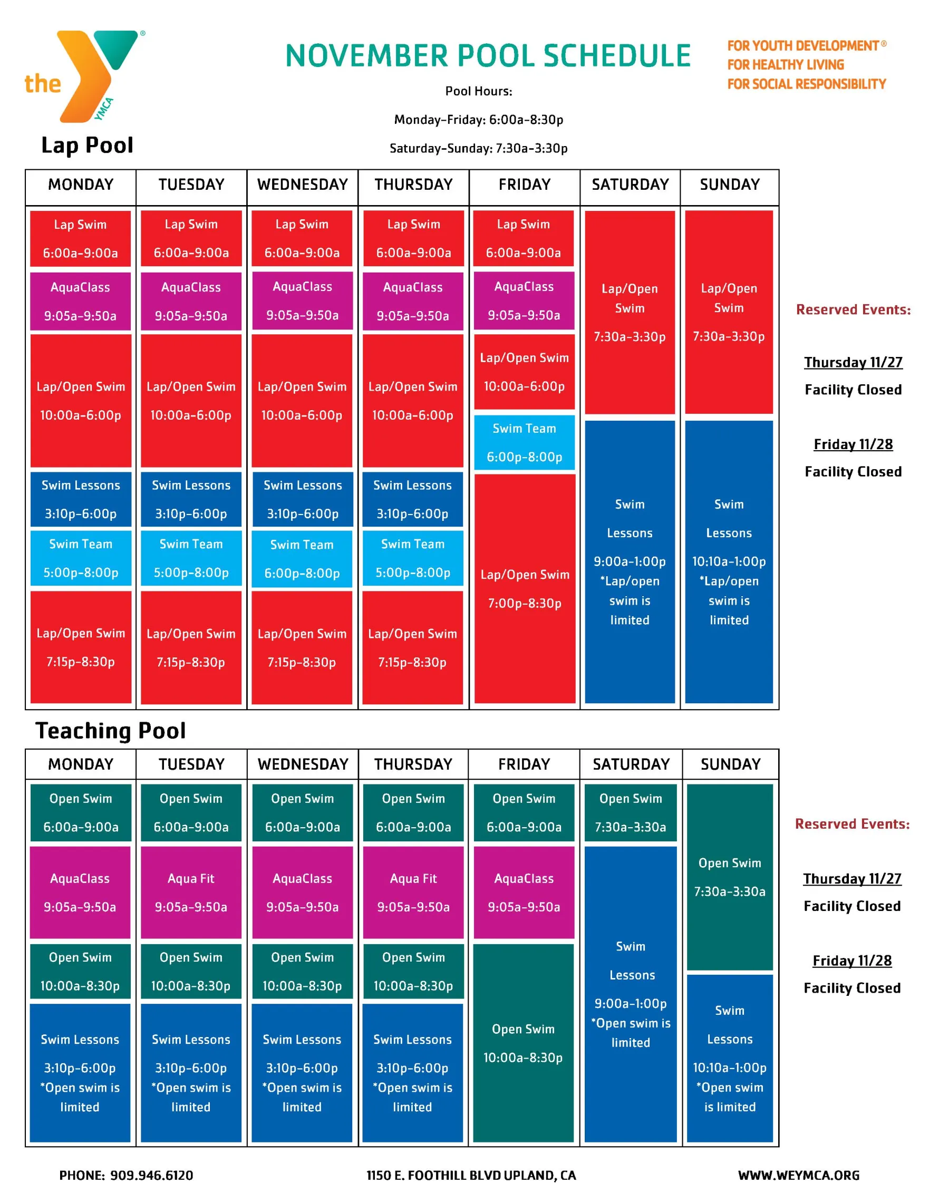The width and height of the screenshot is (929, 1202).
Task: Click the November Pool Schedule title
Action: (x=488, y=55)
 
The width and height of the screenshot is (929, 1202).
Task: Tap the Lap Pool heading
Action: (x=87, y=146)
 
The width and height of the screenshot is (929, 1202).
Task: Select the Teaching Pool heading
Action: (x=111, y=730)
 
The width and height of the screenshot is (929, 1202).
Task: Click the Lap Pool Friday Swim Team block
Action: (x=524, y=442)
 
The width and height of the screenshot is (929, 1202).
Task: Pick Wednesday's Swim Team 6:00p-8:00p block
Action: (x=302, y=559)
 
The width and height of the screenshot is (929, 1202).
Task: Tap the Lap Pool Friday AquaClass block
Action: (x=524, y=300)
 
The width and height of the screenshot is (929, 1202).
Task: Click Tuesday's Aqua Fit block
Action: (x=191, y=891)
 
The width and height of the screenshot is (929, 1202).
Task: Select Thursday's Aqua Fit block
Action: (x=413, y=891)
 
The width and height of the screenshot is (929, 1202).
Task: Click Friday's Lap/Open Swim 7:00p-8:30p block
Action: (x=525, y=588)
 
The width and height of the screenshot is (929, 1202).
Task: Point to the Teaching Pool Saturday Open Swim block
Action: (x=630, y=812)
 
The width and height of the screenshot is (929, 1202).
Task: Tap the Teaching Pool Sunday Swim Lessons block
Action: (x=729, y=1057)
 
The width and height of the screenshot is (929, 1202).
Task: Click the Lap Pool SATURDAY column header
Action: (x=630, y=185)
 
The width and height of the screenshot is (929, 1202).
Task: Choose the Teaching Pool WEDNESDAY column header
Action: (x=303, y=764)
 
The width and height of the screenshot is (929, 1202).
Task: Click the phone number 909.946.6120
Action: (x=151, y=1175)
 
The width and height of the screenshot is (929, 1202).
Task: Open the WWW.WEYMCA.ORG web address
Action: (x=798, y=1175)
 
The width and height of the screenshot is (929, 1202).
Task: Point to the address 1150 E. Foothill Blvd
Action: (x=471, y=1175)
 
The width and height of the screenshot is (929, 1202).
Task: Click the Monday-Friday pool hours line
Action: (x=478, y=120)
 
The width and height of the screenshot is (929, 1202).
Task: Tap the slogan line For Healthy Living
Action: (x=786, y=65)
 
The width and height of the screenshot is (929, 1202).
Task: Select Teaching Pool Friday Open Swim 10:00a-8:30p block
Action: (x=523, y=1043)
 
